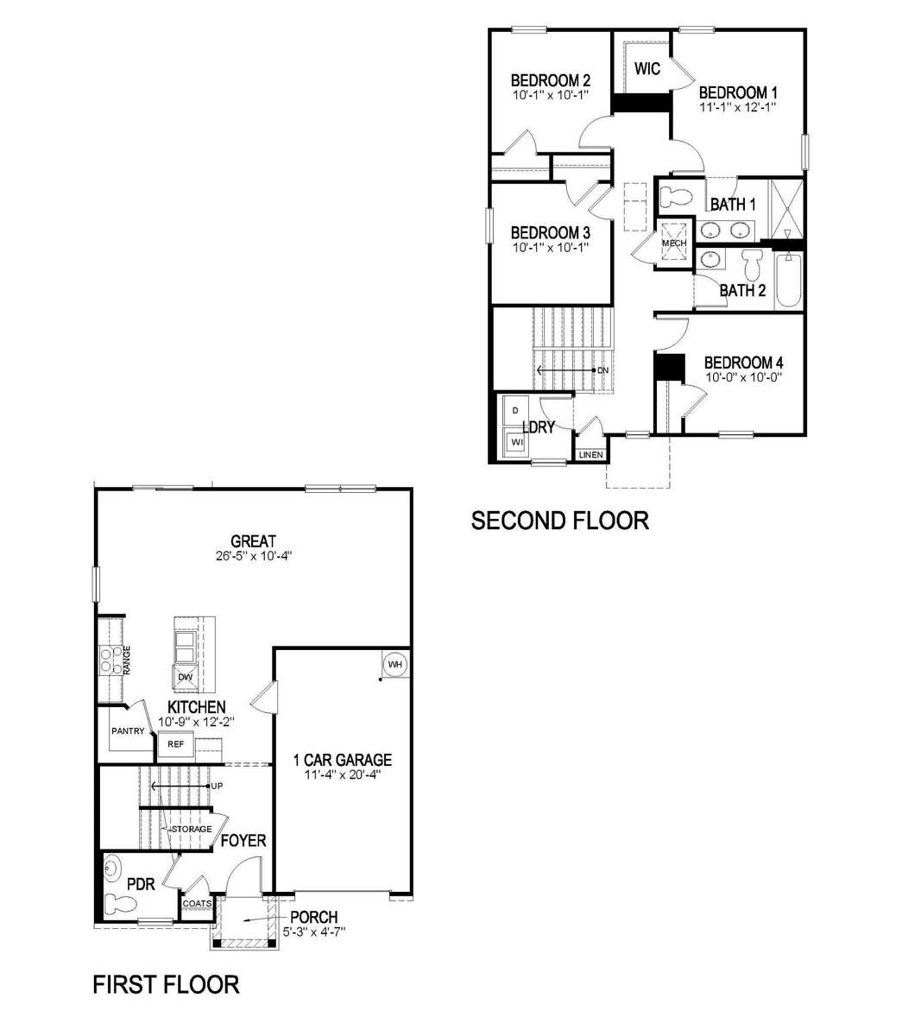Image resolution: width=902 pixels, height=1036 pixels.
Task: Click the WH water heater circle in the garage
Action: click(394, 664)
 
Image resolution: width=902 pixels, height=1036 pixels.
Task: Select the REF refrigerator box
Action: click(175, 744)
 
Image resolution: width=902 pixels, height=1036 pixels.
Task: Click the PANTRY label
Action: click(128, 730)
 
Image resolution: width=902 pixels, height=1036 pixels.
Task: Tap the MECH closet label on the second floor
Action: click(674, 243)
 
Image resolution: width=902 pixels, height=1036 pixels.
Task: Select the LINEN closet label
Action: click(590, 455)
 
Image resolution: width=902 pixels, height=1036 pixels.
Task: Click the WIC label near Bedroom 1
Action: click(647, 68)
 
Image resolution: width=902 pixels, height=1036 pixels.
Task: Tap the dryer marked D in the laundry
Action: click(516, 411)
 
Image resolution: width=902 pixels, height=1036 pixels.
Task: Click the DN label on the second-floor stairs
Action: click(602, 370)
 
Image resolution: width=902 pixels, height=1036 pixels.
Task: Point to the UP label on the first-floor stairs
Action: click(217, 786)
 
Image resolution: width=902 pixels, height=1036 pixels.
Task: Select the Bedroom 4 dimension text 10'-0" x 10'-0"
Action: click(744, 377)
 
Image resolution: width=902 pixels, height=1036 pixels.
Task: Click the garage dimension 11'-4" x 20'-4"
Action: click(343, 774)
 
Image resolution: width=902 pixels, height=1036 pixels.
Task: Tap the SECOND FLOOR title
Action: click(560, 521)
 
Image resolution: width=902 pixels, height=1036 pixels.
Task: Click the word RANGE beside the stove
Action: click(127, 660)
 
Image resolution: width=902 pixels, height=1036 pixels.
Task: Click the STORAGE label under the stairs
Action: click(192, 829)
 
